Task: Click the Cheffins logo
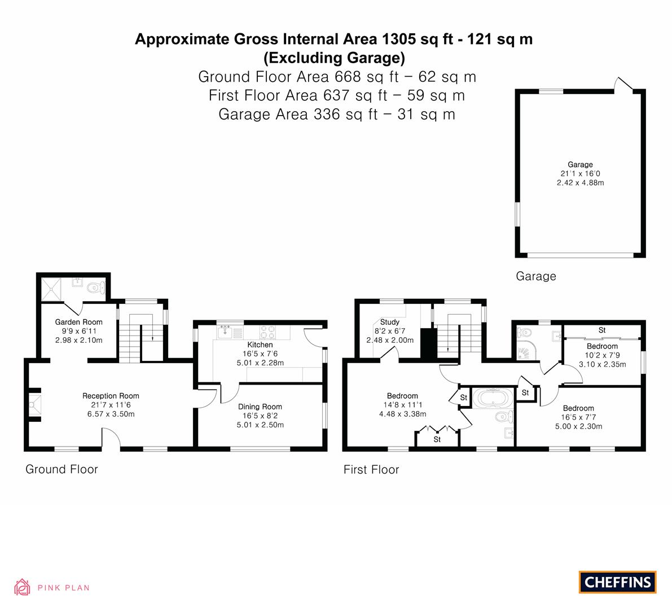coord(617,582)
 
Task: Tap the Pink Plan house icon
coord(22,587)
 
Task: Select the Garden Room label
coord(79,322)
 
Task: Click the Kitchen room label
coord(260,345)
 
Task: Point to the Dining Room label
coord(260,407)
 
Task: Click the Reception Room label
coord(111,396)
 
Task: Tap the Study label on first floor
coord(389,322)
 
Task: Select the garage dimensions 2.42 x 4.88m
coord(580,183)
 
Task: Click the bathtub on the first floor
coord(493,398)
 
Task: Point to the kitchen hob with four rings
coord(268,332)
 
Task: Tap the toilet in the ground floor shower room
coord(96,288)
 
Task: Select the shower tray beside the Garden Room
coord(51,289)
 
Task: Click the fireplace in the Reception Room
coord(35,404)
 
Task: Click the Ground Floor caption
coord(62,469)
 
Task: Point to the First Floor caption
coord(371,470)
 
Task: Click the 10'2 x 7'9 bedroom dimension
coord(602,355)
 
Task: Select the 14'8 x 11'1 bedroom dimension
coord(402,405)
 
